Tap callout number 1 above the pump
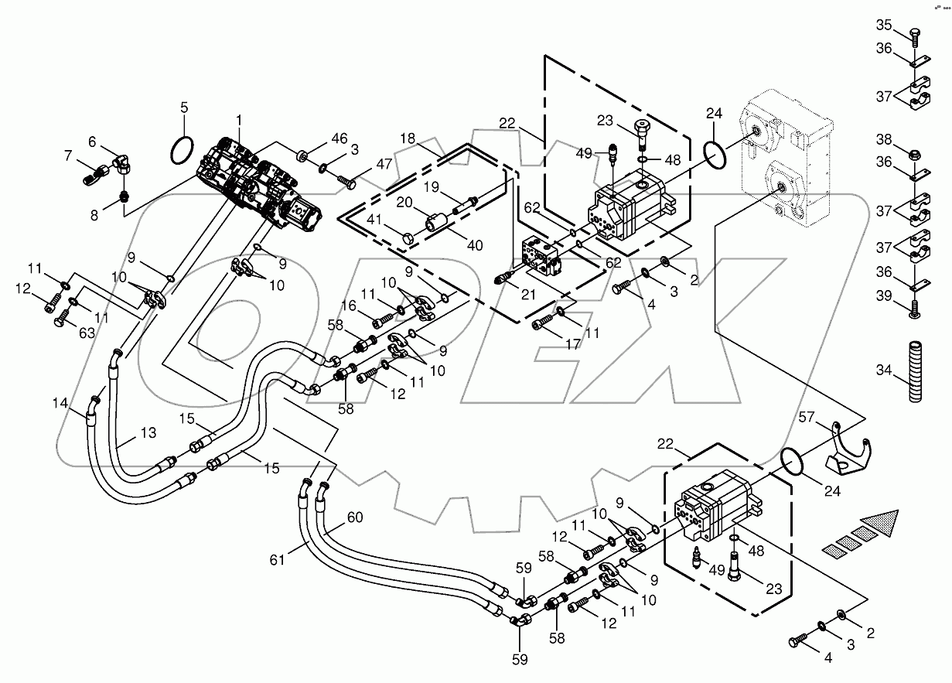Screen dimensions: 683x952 click(240, 120)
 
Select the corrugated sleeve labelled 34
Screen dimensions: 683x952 click(916, 371)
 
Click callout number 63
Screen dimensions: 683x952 click(64, 333)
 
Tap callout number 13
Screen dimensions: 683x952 click(148, 432)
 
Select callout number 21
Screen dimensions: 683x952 click(528, 295)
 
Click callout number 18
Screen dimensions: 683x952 click(408, 137)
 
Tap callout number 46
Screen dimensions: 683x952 click(339, 138)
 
